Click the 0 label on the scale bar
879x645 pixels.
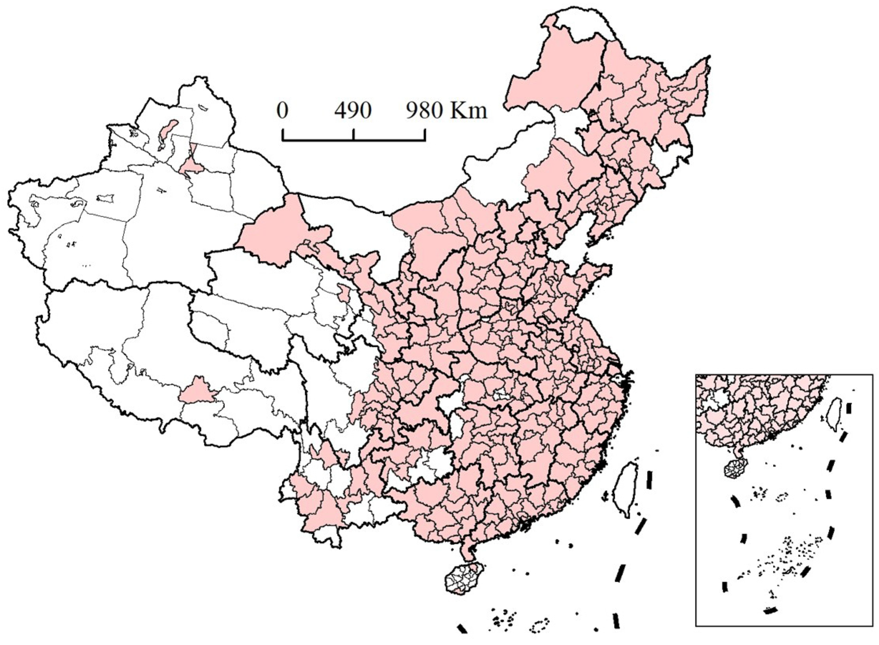(282, 111)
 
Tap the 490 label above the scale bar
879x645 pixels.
(353, 111)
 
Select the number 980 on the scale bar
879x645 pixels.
(424, 111)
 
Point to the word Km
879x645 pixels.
(468, 111)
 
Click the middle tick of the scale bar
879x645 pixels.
(353, 135)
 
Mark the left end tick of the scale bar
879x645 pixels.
(283, 135)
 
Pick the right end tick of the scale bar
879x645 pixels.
(424, 135)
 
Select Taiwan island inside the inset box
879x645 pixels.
(834, 413)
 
